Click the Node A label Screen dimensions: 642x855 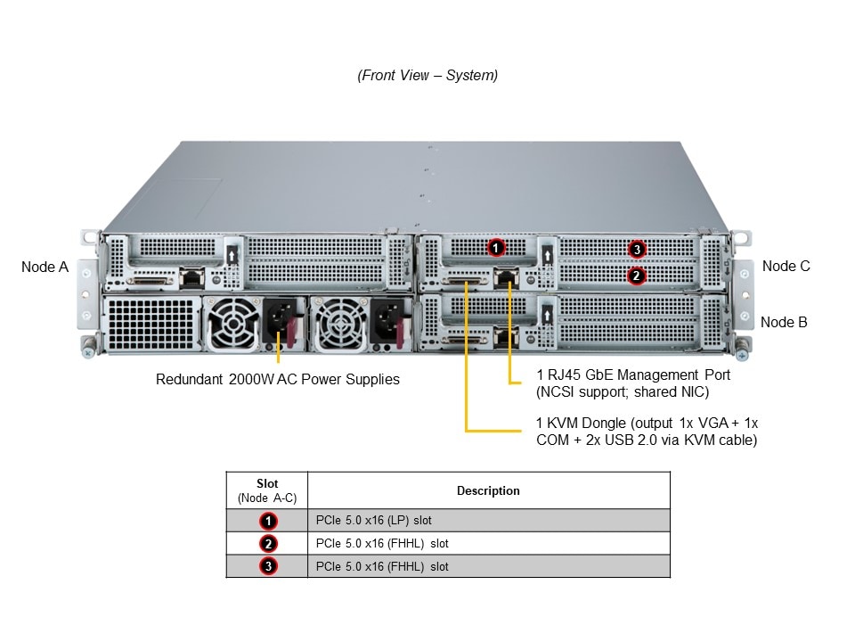click(45, 266)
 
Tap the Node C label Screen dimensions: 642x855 click(786, 266)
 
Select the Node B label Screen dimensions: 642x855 click(784, 322)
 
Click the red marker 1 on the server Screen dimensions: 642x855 click(497, 247)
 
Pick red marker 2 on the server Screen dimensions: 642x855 click(635, 276)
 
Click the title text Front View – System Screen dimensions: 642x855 click(427, 75)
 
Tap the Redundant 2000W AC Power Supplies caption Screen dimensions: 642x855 click(278, 379)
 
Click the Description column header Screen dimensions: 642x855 click(488, 490)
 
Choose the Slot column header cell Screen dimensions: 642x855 click(267, 490)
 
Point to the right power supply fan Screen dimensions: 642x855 click(338, 323)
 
